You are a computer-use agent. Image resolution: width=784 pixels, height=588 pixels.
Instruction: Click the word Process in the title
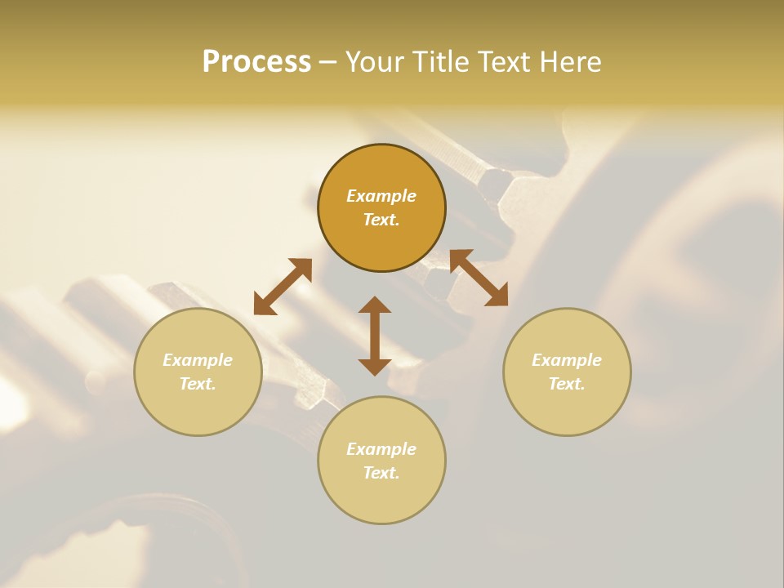[x=256, y=62]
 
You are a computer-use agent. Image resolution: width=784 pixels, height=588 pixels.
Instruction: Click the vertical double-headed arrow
[x=375, y=336]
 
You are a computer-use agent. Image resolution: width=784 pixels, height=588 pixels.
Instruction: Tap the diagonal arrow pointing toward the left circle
[x=283, y=287]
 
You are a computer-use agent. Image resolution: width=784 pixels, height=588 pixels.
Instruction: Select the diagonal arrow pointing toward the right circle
[x=479, y=278]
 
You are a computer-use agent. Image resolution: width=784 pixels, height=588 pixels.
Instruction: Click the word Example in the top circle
[x=381, y=196]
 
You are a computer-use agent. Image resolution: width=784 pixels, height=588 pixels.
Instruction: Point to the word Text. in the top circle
[x=381, y=220]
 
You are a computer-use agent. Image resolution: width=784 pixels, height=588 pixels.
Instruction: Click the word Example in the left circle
[x=198, y=360]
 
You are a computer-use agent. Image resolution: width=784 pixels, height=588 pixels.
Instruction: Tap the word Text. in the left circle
[x=198, y=384]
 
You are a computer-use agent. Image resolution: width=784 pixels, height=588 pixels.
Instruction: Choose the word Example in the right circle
[x=567, y=360]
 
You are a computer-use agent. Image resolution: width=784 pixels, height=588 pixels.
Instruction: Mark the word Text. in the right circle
[x=567, y=384]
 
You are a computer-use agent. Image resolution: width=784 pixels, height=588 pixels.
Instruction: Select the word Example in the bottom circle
[x=381, y=449]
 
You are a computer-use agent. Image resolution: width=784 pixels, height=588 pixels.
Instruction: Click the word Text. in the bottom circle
[x=381, y=473]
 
